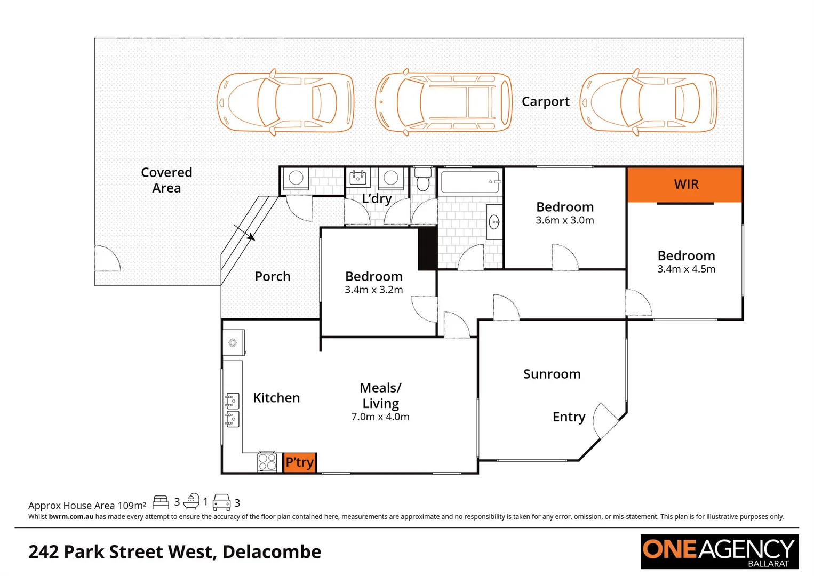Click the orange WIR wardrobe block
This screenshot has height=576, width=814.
coord(685,185)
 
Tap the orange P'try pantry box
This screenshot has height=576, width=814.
coord(299,462)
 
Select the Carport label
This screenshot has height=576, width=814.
coord(545,101)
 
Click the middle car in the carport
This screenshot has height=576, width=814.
coord(443,102)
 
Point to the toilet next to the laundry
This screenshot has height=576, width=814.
coord(423,180)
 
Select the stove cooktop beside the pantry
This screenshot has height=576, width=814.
coord(267,462)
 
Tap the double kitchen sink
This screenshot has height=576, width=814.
coord(232,410)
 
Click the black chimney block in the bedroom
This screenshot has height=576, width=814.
coord(427,249)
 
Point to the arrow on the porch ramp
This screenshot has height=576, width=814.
coord(245,234)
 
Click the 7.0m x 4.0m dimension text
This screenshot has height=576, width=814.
coord(380,417)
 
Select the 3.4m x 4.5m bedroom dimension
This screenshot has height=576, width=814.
coord(686,269)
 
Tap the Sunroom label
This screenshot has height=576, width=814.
coord(552,374)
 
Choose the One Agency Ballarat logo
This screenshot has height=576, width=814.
coord(719,551)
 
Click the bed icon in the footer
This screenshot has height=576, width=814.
coord(161,502)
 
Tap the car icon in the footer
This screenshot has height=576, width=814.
coord(221,502)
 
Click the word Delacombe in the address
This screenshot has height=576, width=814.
coord(272,551)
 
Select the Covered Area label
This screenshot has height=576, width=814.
coord(166,180)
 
